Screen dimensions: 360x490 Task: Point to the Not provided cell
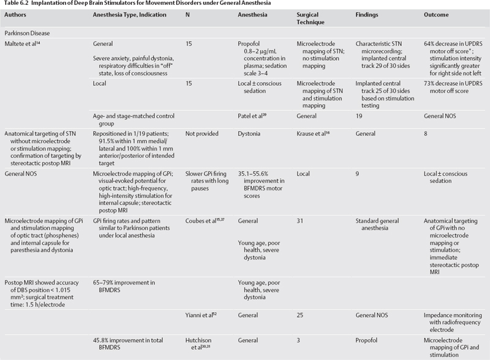coord(202,151)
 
